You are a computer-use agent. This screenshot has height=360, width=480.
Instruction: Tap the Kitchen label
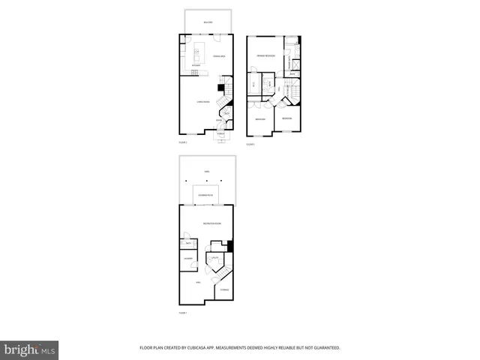pyautogui.click(x=196, y=66)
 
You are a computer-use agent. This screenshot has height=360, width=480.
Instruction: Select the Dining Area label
pyautogui.click(x=220, y=56)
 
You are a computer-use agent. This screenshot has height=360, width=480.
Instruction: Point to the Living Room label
pyautogui.click(x=202, y=101)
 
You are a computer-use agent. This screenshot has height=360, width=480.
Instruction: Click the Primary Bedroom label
pyautogui.click(x=265, y=56)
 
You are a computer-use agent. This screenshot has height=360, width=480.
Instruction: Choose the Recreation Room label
pyautogui.click(x=212, y=223)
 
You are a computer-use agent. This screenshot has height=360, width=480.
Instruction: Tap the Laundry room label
pyautogui.click(x=188, y=259)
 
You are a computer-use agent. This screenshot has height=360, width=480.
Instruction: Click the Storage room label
pyautogui.click(x=223, y=289)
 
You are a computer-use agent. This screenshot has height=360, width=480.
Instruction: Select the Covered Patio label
pyautogui.click(x=205, y=194)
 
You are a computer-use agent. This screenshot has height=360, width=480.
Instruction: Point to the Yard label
pyautogui.click(x=207, y=171)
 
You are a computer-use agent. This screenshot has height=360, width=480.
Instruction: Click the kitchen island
pyautogui.click(x=199, y=53)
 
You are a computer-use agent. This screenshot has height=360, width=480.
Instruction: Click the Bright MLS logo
pyautogui.click(x=30, y=349)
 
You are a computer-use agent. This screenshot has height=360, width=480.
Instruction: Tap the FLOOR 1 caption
pyautogui.click(x=182, y=313)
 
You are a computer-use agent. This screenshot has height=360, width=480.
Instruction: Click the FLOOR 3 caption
pyautogui.click(x=250, y=144)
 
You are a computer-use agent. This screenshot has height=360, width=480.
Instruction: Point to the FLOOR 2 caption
pyautogui.click(x=182, y=142)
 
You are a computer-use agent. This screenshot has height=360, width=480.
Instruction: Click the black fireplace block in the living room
pyautogui.click(x=220, y=88)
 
